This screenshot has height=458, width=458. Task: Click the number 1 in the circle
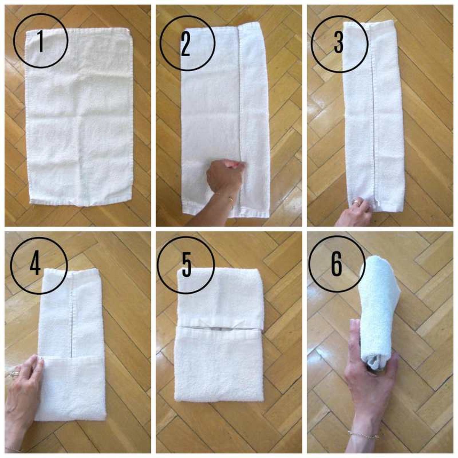pos(41,41)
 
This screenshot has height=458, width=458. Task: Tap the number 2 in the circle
pos(185,45)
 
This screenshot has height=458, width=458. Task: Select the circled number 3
pos(338,43)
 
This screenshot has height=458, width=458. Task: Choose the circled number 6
pos(336,264)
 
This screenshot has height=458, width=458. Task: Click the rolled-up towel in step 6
pos(378,302)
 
